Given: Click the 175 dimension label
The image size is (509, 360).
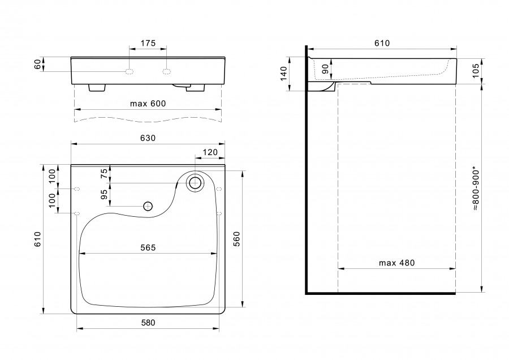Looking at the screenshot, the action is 148,43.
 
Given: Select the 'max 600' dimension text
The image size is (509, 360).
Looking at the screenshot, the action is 148,104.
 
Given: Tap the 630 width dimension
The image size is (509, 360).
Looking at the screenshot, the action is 148,138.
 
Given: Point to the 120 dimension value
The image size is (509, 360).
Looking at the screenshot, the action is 210,152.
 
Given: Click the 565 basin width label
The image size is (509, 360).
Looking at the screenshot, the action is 148,247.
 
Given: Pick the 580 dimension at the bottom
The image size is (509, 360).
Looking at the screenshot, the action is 148,323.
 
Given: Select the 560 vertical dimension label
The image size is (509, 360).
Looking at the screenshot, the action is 236,239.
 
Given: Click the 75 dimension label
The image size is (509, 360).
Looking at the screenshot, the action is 104,174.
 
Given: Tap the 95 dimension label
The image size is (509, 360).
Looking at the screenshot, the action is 104,194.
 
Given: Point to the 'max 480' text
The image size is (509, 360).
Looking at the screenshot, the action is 396,263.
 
